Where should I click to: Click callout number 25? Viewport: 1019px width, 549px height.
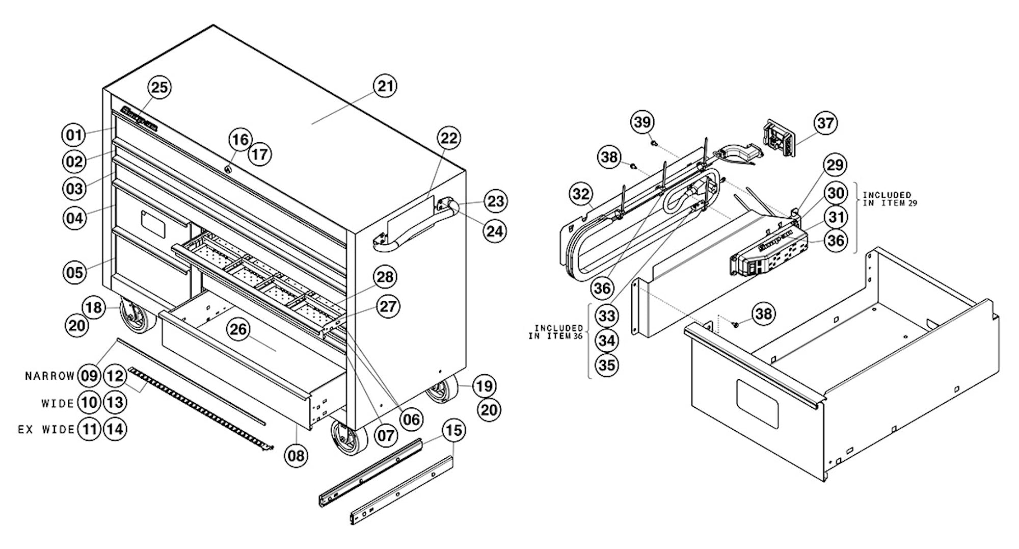[159, 88]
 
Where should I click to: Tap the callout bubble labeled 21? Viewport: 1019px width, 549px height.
[385, 86]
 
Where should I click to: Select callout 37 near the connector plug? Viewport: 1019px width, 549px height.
[825, 123]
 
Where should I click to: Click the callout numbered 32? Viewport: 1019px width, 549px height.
[581, 194]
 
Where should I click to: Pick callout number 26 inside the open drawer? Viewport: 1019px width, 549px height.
[238, 330]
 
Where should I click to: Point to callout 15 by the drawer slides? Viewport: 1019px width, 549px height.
[453, 431]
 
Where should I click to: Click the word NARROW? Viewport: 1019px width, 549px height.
[50, 376]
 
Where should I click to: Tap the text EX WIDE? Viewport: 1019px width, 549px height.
[46, 430]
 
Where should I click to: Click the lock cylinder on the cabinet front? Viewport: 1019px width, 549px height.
[228, 170]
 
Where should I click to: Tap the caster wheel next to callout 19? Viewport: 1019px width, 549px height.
[441, 390]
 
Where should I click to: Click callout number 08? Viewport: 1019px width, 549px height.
[296, 455]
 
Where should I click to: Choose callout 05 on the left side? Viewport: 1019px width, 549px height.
[74, 272]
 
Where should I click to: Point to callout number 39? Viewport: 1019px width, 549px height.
[642, 122]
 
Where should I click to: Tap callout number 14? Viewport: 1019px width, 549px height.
[115, 429]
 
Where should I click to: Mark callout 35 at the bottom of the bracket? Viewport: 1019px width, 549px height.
[607, 365]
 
